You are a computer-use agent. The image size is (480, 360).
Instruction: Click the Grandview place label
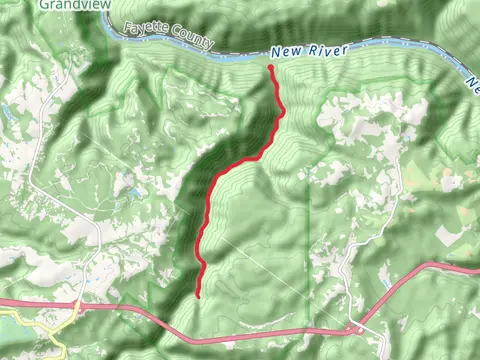click(x=70, y=4)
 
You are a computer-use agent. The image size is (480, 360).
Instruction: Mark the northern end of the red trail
click(x=272, y=67)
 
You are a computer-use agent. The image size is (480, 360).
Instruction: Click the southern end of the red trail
click(x=199, y=295)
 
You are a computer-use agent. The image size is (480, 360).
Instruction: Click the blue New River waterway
click(x=240, y=56)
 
